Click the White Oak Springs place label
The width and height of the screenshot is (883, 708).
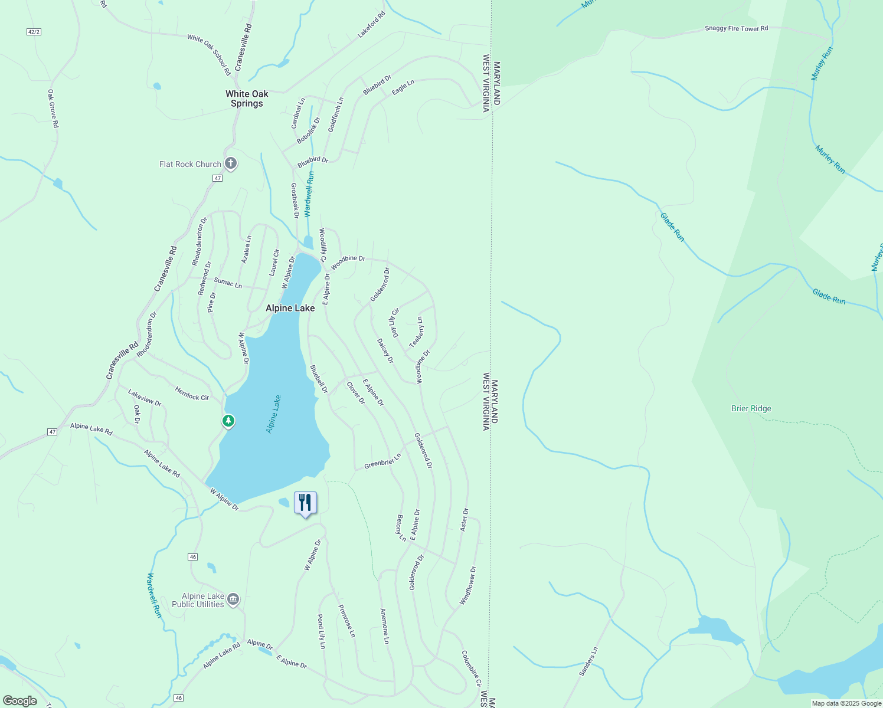point(247,99)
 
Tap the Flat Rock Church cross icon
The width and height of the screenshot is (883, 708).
point(231,163)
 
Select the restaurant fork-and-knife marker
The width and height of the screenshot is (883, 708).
point(305,503)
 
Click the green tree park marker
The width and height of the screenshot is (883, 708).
point(228,421)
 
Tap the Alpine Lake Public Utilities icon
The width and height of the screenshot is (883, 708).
point(233,600)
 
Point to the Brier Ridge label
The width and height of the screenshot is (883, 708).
point(751,408)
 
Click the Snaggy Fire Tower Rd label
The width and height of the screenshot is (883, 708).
point(736,28)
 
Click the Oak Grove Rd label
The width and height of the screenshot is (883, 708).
point(53,109)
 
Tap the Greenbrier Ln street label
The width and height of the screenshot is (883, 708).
point(382,461)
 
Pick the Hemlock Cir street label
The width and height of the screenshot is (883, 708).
point(192,394)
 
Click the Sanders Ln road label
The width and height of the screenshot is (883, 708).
point(588,661)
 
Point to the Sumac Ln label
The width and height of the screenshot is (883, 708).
point(228,283)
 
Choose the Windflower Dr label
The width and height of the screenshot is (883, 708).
point(468,585)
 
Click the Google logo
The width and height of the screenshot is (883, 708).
point(20,701)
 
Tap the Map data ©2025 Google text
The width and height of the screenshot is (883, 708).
point(846,703)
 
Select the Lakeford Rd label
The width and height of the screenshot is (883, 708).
point(371,25)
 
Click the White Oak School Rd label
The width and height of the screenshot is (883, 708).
point(209,54)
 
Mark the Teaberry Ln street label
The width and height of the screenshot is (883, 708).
point(417,332)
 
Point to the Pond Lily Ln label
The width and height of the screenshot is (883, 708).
point(321,631)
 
